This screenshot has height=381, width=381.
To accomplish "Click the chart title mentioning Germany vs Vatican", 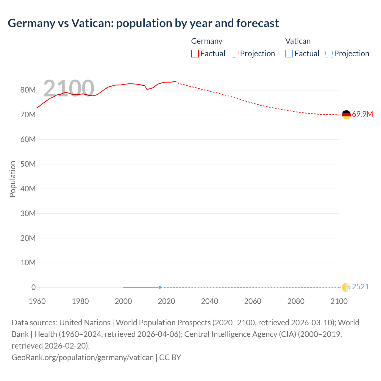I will pos(143,23).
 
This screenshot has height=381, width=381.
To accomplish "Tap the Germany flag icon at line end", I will pos(346,115).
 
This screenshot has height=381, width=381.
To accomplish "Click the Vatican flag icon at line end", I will pos(346,287).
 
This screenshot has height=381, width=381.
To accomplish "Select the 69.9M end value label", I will pos(362,114).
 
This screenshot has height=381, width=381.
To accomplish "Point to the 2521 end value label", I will pos(360,287).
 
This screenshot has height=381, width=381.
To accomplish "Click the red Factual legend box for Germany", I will pos(195,54).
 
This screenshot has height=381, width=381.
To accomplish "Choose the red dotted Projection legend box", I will pos(235,54).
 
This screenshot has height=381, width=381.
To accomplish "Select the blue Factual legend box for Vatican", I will pos(289,54).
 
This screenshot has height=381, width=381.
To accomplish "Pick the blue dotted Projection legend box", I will pos(329,54).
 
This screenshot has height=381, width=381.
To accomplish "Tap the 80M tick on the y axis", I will pos(28,90).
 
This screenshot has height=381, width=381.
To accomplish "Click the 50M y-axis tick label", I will pos(28,164).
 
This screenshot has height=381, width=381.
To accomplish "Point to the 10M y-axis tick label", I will pos(28,263).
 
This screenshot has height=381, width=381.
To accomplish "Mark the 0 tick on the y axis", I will pos(33,288).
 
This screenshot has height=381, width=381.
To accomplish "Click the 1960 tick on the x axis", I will pos(37,301).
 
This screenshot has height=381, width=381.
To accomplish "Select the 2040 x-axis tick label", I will pos(210,301).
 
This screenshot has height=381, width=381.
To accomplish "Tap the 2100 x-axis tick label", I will pos(339,301).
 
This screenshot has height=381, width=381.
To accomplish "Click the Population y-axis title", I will pos(13,179).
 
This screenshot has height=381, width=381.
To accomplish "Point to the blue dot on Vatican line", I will pos(160,287).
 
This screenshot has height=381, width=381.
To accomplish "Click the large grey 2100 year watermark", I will pos(69,88).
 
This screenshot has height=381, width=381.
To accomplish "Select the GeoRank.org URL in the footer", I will pos(82,357).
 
